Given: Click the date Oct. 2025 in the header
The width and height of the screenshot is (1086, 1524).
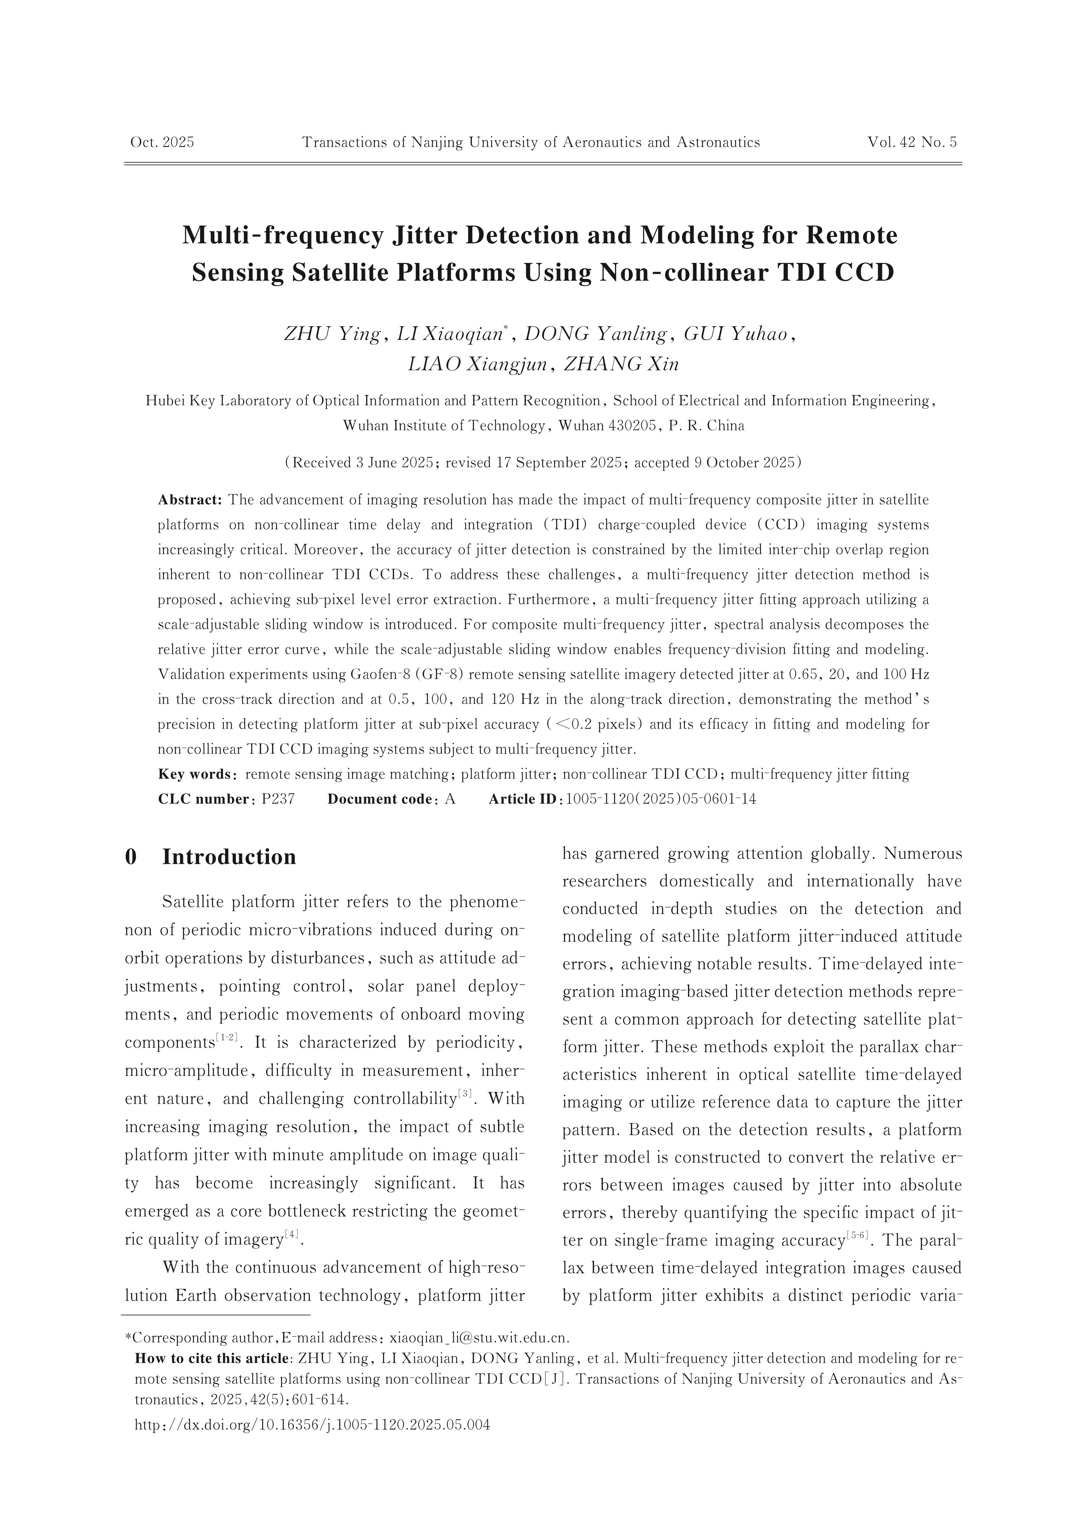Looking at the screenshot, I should click(162, 142).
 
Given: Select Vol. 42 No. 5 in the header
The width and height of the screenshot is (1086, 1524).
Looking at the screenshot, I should click(912, 142).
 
